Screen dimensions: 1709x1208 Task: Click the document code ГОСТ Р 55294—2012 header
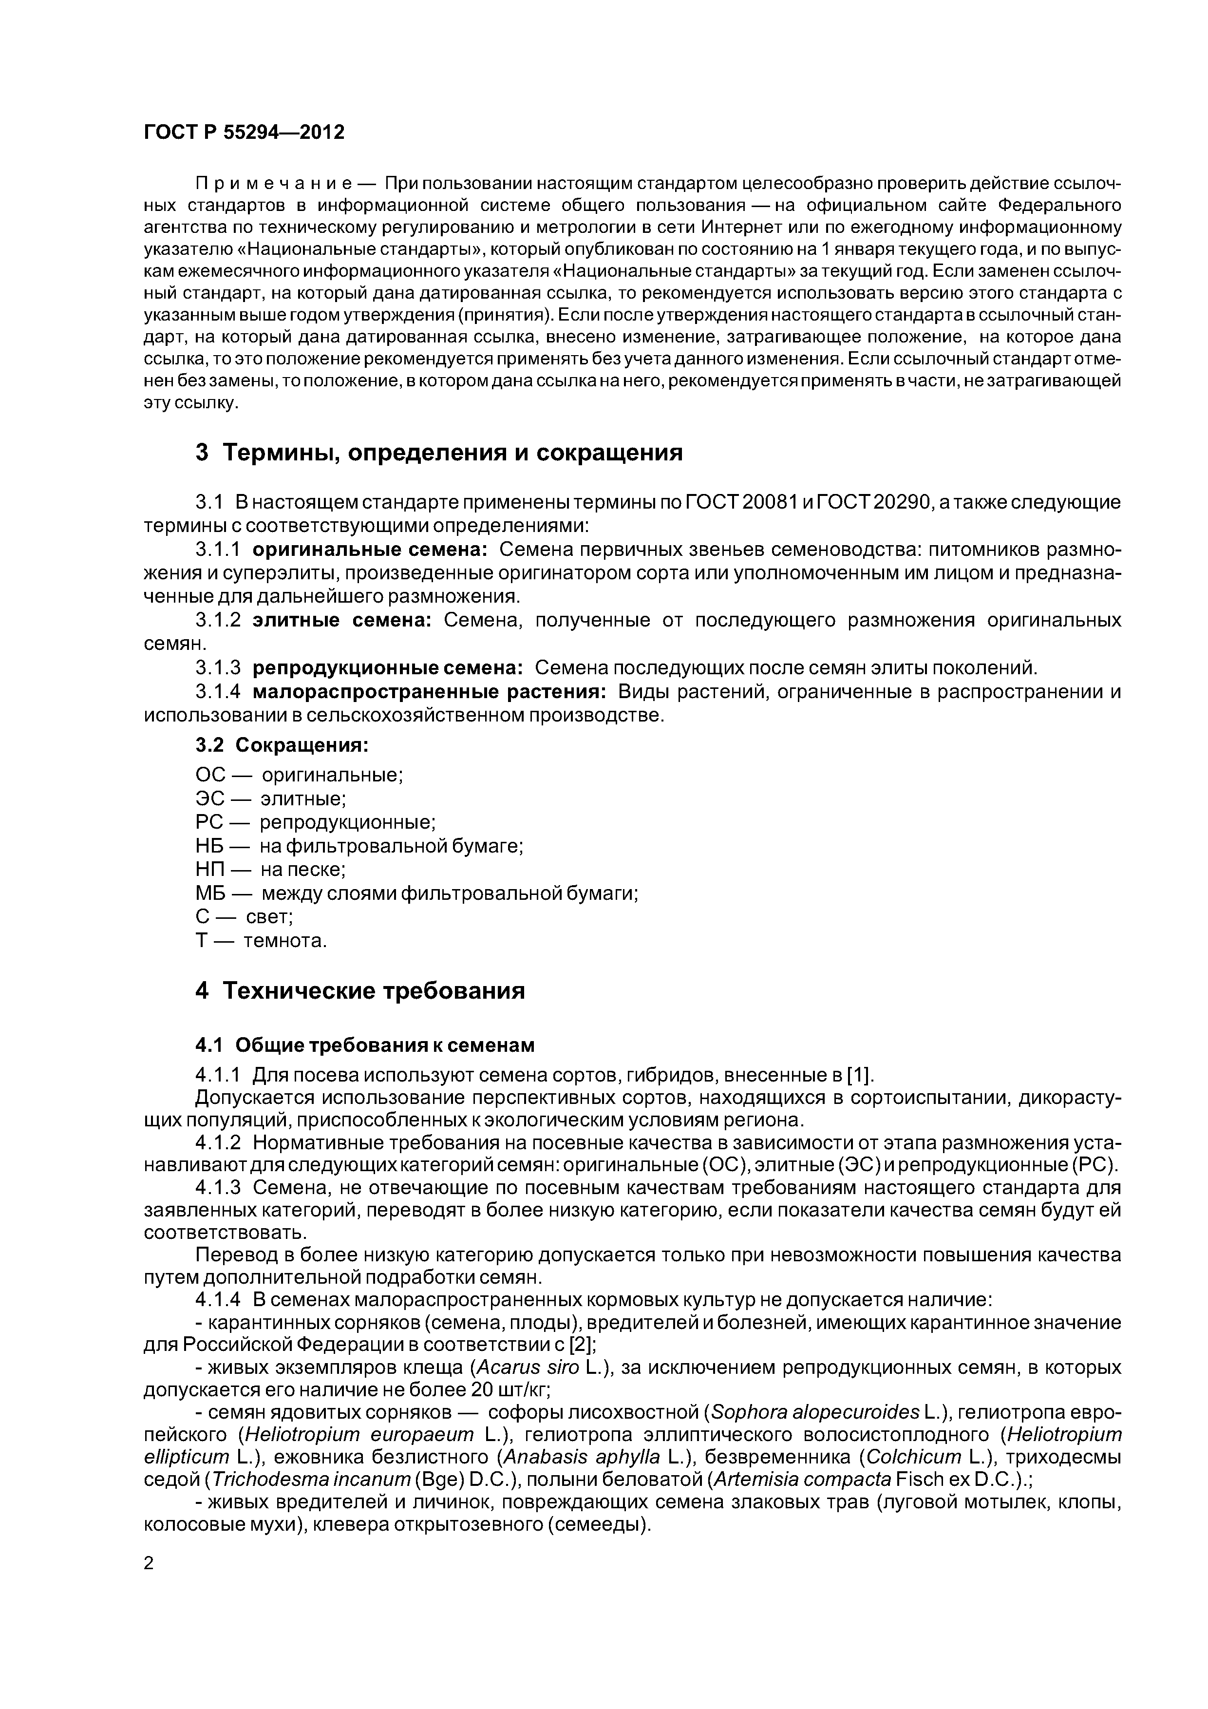click(x=244, y=133)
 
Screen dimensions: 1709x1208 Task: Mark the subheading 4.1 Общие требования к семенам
click(x=365, y=1045)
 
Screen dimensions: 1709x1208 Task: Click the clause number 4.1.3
click(x=218, y=1188)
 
